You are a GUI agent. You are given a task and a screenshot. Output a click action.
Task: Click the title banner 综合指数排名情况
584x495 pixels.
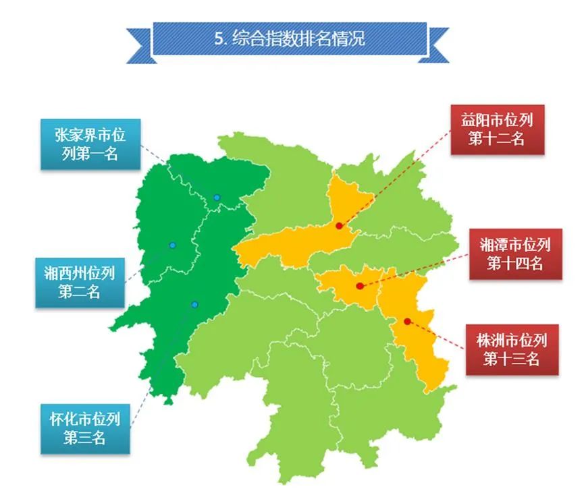pyautogui.click(x=290, y=38)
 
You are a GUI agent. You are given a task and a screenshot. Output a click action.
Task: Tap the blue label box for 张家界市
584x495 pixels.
pyautogui.click(x=90, y=144)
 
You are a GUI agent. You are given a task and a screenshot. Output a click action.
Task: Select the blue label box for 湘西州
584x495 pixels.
pyautogui.click(x=80, y=283)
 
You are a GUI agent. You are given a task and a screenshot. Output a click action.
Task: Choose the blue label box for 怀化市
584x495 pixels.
pyautogui.click(x=84, y=428)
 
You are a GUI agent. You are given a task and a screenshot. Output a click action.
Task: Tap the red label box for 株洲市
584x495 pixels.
pyautogui.click(x=511, y=349)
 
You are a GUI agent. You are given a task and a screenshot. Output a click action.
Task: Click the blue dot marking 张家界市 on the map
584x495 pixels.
pyautogui.click(x=217, y=198)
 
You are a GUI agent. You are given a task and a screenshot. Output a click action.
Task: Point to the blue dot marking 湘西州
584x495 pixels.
pyautogui.click(x=173, y=245)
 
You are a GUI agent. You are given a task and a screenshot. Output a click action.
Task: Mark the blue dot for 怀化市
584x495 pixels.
pyautogui.click(x=194, y=305)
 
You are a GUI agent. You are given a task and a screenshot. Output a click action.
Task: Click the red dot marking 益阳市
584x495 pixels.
pyautogui.click(x=339, y=226)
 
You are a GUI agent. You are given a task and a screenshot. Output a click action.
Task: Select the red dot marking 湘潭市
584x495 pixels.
pyautogui.click(x=360, y=286)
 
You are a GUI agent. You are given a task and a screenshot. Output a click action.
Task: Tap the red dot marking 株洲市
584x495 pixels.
pyautogui.click(x=407, y=321)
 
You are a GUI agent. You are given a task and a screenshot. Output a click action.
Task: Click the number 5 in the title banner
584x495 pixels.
pyautogui.click(x=219, y=38)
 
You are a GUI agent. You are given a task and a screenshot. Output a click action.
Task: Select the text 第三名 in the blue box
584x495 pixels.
pyautogui.click(x=84, y=438)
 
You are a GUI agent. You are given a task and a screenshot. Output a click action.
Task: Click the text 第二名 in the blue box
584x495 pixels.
pyautogui.click(x=80, y=293)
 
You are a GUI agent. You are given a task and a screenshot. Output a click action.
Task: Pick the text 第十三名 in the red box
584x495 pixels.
pyautogui.click(x=511, y=359)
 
